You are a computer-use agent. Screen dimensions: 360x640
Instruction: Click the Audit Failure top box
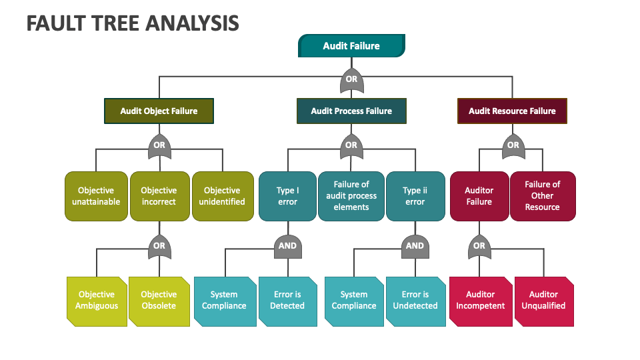click(x=351, y=46)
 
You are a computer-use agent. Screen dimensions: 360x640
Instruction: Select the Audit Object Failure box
click(x=159, y=111)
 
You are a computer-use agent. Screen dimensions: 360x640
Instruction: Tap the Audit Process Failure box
click(x=351, y=111)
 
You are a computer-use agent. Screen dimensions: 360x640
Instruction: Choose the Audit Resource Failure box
click(x=512, y=111)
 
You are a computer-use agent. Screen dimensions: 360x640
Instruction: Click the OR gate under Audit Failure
click(x=351, y=79)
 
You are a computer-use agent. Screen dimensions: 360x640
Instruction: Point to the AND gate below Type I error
click(x=287, y=246)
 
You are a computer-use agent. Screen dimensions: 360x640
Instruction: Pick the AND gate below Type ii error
click(x=415, y=246)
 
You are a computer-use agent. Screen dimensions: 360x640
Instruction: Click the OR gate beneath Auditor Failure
click(x=479, y=246)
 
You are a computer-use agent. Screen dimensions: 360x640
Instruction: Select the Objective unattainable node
click(x=96, y=196)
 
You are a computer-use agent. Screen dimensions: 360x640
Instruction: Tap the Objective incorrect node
click(x=159, y=196)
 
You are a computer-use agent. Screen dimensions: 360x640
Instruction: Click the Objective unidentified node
click(x=222, y=196)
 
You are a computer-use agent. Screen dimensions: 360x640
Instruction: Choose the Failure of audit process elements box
click(x=351, y=196)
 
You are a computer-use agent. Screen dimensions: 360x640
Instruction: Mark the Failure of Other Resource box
click(x=542, y=196)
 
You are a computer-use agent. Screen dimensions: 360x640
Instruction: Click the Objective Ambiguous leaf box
click(x=97, y=301)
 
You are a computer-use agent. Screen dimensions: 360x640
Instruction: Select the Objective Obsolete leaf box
click(x=159, y=301)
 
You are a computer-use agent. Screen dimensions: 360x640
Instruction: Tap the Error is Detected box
click(x=287, y=301)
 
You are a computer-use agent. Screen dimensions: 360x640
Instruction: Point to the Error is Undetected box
click(x=415, y=301)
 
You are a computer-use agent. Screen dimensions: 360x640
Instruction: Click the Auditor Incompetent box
click(x=480, y=301)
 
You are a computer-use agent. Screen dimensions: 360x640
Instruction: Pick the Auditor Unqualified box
click(x=543, y=301)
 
